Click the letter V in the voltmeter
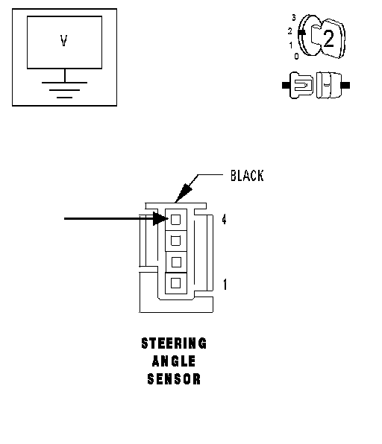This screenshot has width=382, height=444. pos(64,40)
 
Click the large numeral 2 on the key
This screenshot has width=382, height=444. pos(328,39)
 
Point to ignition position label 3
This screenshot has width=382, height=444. pos(294,18)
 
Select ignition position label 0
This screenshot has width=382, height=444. pos(296,56)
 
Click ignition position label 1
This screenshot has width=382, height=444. pos(290,45)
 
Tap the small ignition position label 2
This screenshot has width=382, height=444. pos(289,31)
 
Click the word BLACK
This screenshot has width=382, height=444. pos(247,176)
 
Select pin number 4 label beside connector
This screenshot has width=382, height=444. pos(224,220)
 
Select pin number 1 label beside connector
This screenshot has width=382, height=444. pos(225,285)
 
